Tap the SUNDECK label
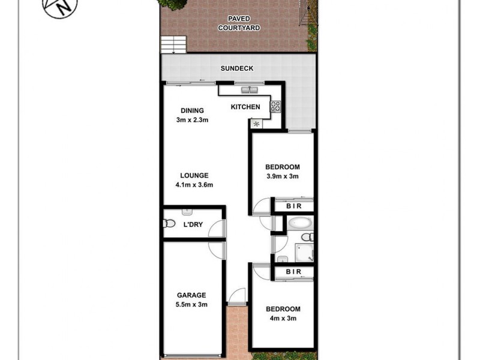click(x=237, y=68)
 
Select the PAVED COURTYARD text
click(x=238, y=23)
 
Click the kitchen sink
click(x=249, y=91)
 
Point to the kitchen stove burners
click(x=275, y=107)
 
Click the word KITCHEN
click(x=246, y=107)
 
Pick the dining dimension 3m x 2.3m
click(x=193, y=119)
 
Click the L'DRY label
click(x=193, y=225)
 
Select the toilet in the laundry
click(x=169, y=224)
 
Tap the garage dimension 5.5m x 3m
click(x=191, y=304)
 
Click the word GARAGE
click(x=191, y=295)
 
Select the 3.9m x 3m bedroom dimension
click(x=282, y=176)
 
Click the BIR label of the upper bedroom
click(x=293, y=206)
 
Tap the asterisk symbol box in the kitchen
click(x=257, y=124)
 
